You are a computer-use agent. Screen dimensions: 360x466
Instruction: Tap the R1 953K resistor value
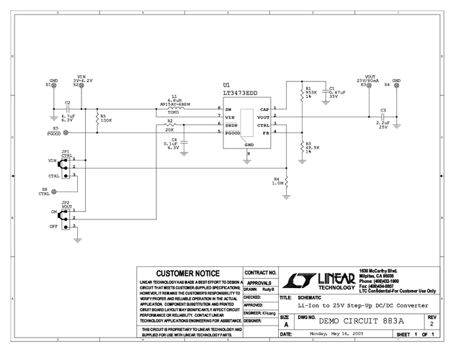[x=310, y=92]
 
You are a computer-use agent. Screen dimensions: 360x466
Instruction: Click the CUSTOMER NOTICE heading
[x=189, y=274]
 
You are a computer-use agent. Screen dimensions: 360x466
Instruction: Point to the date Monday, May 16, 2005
[x=329, y=335]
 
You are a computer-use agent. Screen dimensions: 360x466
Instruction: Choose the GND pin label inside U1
[x=248, y=145]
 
